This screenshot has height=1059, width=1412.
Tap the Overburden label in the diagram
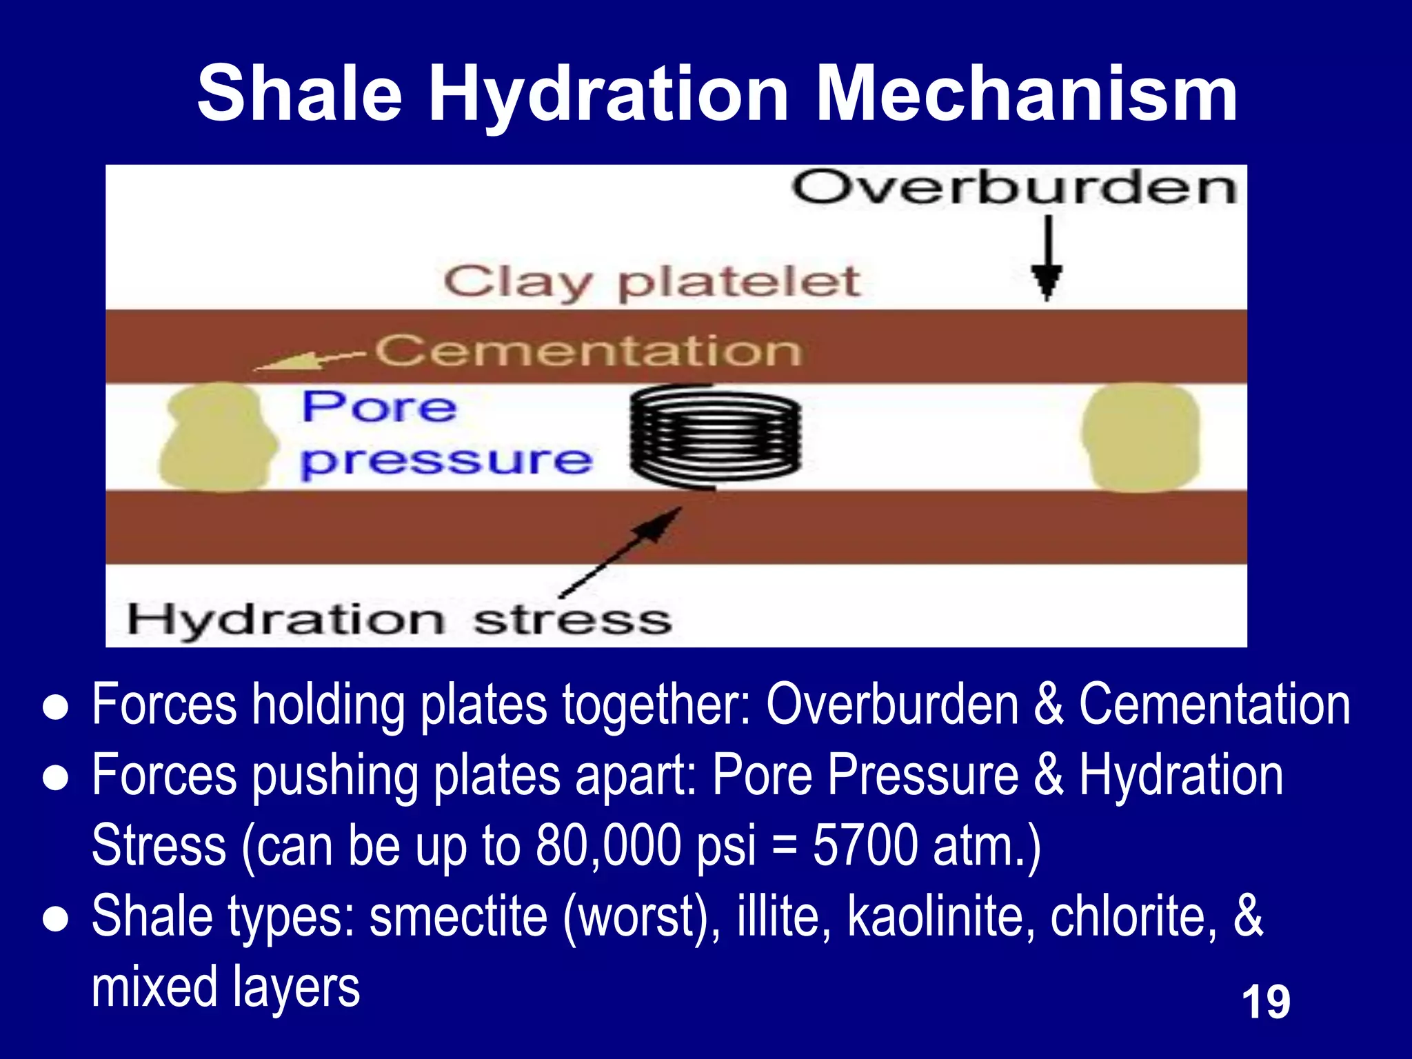point(1013,188)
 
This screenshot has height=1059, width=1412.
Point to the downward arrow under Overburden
point(1047,259)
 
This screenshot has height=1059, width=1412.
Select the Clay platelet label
point(652,282)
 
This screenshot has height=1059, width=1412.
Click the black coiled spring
point(715,437)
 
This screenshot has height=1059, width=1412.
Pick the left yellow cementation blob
point(217,437)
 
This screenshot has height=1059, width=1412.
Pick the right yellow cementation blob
point(1140,437)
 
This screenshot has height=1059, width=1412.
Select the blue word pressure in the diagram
point(446,461)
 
